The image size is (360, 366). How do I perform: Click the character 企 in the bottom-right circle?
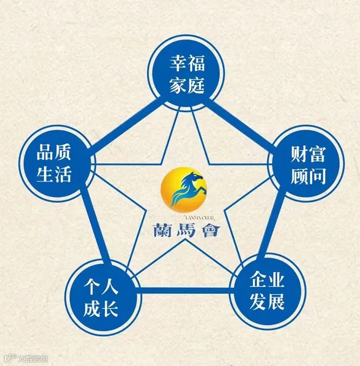(x=258, y=281)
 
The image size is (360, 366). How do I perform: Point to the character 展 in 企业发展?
(x=276, y=301)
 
